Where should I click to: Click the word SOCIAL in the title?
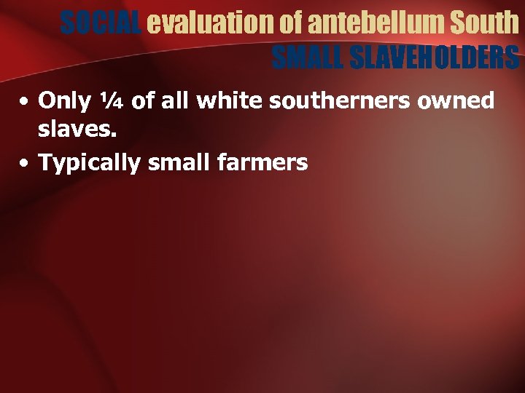[x=101, y=23]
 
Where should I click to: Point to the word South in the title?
[x=485, y=23]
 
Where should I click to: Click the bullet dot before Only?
[x=25, y=101]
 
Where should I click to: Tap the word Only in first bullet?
[x=61, y=100]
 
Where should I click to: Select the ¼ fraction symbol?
[x=108, y=100]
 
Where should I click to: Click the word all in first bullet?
[x=173, y=100]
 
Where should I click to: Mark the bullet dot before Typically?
[x=25, y=162]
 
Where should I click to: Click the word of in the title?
[x=289, y=23]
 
